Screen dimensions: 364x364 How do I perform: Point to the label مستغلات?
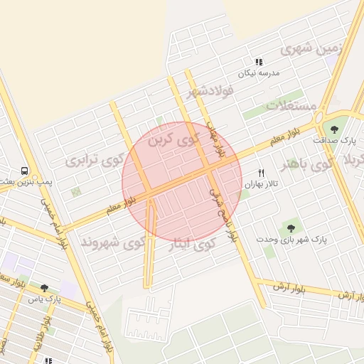[291, 106]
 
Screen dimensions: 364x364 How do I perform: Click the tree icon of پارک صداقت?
[334, 129]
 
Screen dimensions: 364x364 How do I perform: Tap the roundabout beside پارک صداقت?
[318, 118]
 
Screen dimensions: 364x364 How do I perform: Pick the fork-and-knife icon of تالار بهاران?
[261, 173]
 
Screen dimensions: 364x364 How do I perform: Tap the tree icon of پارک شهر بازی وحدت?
[290, 228]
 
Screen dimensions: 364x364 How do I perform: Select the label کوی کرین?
[170, 139]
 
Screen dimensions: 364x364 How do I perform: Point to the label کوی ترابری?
[93, 159]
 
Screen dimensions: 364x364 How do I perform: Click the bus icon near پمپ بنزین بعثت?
[25, 171]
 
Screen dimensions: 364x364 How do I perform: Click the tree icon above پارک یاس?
[44, 288]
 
